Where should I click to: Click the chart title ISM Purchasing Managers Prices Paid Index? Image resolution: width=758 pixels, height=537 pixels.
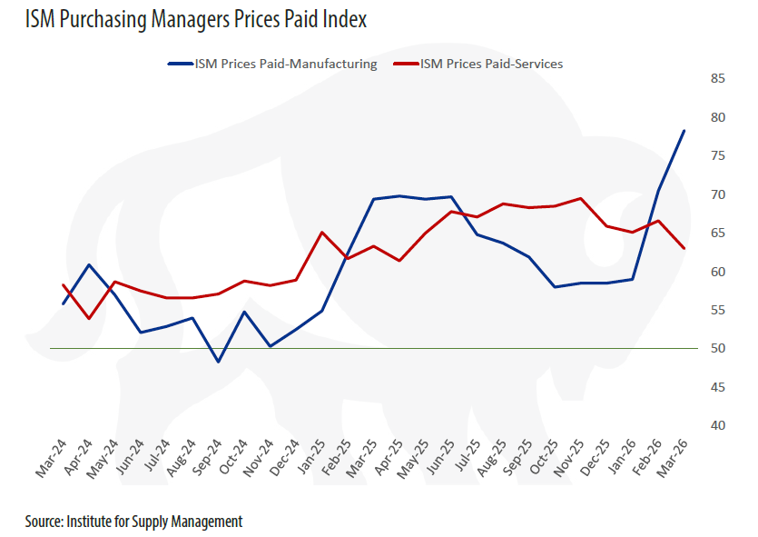tap(196, 18)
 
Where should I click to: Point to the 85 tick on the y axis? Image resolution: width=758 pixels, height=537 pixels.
tap(717, 79)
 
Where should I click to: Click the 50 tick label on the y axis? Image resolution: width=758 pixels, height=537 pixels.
tap(717, 349)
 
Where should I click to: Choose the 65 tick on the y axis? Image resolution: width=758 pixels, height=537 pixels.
tap(717, 234)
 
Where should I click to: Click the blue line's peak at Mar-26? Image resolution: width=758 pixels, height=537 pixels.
tap(684, 131)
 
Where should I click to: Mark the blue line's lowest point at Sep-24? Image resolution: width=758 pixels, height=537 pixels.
tap(218, 362)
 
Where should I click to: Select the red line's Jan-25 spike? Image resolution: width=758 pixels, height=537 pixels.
tap(321, 232)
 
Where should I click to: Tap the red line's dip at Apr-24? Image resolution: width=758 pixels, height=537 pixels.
tap(88, 318)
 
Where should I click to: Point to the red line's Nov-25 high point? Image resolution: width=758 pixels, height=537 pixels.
tap(580, 198)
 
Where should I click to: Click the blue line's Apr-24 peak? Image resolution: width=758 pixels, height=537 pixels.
tap(88, 264)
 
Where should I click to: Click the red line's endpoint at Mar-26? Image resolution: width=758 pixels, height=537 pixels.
tap(684, 248)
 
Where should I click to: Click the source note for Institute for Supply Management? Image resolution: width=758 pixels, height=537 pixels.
tap(133, 522)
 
